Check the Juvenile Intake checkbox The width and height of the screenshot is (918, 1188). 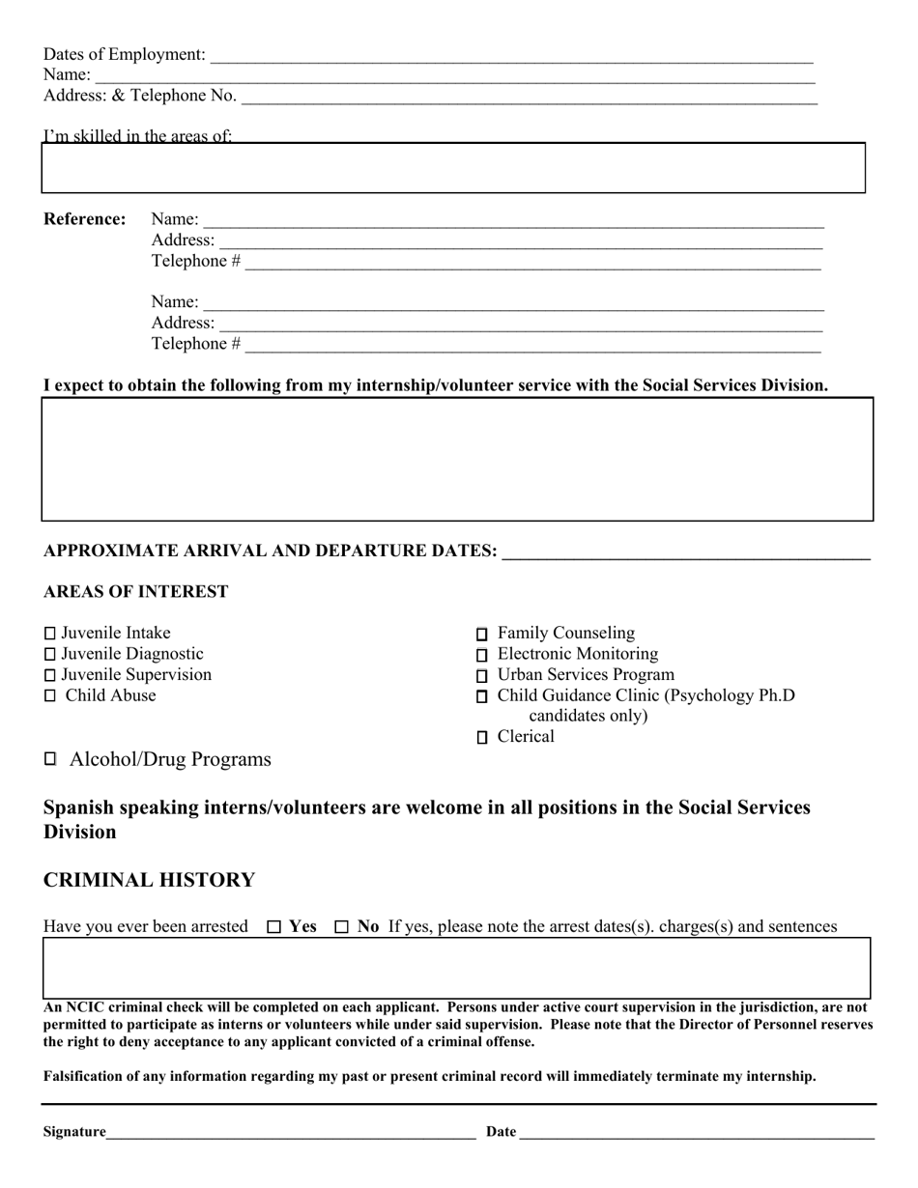point(50,634)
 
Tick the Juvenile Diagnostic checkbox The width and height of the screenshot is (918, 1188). point(50,655)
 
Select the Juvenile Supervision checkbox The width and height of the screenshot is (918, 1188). point(50,675)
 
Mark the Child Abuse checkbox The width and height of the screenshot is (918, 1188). point(50,695)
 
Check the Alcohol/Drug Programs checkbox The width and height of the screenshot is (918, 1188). point(50,759)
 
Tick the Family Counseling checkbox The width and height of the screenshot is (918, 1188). point(482,635)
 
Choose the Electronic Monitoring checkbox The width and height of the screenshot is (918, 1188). point(482,656)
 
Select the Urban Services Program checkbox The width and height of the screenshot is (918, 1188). point(482,676)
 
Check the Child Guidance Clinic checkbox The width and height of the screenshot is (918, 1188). point(482,696)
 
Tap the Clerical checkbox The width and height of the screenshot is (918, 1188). point(482,738)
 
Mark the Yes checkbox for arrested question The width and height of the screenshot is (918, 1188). point(273,927)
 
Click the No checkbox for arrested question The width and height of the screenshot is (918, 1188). point(341,927)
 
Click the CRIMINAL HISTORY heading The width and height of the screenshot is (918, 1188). point(149,880)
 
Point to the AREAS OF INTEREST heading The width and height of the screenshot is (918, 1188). point(135,591)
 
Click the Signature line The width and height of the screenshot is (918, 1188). point(290,1132)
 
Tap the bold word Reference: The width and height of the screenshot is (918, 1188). point(85,219)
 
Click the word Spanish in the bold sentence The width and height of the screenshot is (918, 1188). point(78,807)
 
